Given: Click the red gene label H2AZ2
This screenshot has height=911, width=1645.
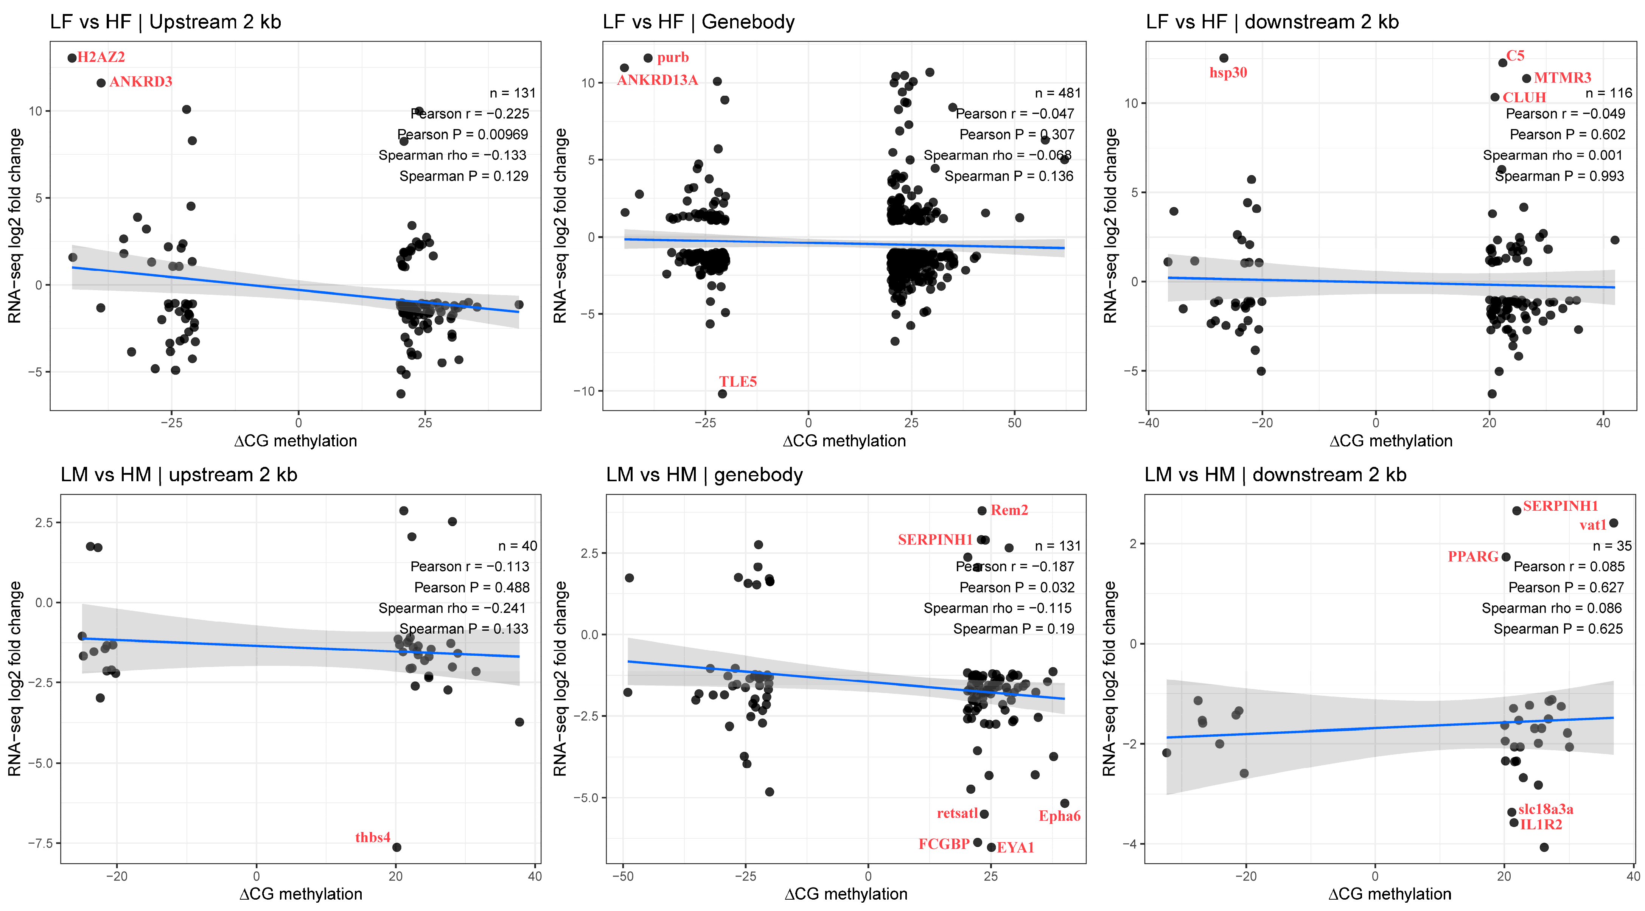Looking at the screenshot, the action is click(101, 58).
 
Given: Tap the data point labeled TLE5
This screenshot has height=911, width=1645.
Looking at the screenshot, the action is click(722, 394).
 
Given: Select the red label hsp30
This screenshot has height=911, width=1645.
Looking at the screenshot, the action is click(1228, 73).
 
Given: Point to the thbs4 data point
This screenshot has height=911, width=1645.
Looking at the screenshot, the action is click(396, 847).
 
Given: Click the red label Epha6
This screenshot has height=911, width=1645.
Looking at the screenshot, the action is click(1059, 816).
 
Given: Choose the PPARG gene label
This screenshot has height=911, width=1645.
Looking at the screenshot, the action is click(1472, 557).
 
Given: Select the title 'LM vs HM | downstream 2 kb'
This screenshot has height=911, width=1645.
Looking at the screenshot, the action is click(1275, 475).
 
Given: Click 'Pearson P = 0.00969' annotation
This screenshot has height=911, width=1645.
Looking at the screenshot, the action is click(463, 135).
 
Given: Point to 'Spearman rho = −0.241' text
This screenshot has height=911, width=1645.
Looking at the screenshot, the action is click(452, 608).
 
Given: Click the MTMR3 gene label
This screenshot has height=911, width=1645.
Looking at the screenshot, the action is click(1563, 78).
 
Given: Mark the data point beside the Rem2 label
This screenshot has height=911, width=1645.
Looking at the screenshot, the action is click(982, 511).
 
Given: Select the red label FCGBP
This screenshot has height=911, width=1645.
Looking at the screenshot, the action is click(944, 844).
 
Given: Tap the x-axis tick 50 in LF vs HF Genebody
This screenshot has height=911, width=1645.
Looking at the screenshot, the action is click(1015, 423).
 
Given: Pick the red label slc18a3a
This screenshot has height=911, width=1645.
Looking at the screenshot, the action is click(1545, 810).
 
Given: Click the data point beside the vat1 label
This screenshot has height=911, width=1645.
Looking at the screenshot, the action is click(1614, 523).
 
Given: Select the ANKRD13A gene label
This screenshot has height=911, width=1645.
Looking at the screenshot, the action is click(657, 81).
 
